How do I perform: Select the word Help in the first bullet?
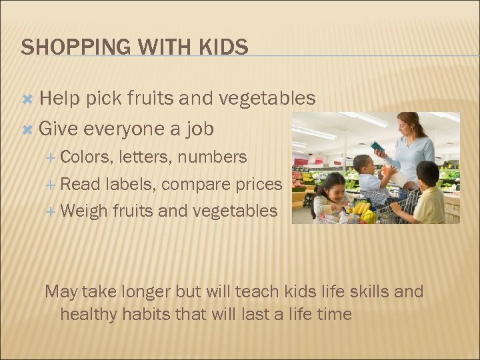[x=59, y=99]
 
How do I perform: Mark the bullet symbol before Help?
[x=28, y=99]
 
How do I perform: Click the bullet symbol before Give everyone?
[x=28, y=129]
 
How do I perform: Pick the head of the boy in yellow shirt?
[x=427, y=174]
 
